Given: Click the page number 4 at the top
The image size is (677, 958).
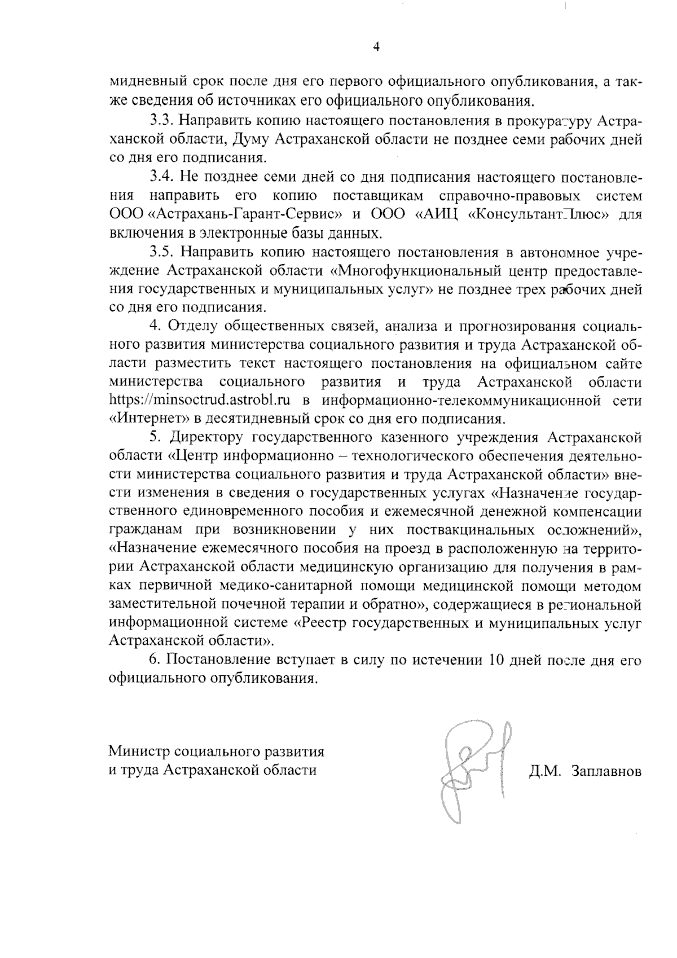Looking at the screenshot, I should coord(376,47).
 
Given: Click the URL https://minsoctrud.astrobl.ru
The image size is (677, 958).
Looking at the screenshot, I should coord(200,401).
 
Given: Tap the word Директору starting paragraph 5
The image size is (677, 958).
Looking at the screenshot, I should coord(201,437).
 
